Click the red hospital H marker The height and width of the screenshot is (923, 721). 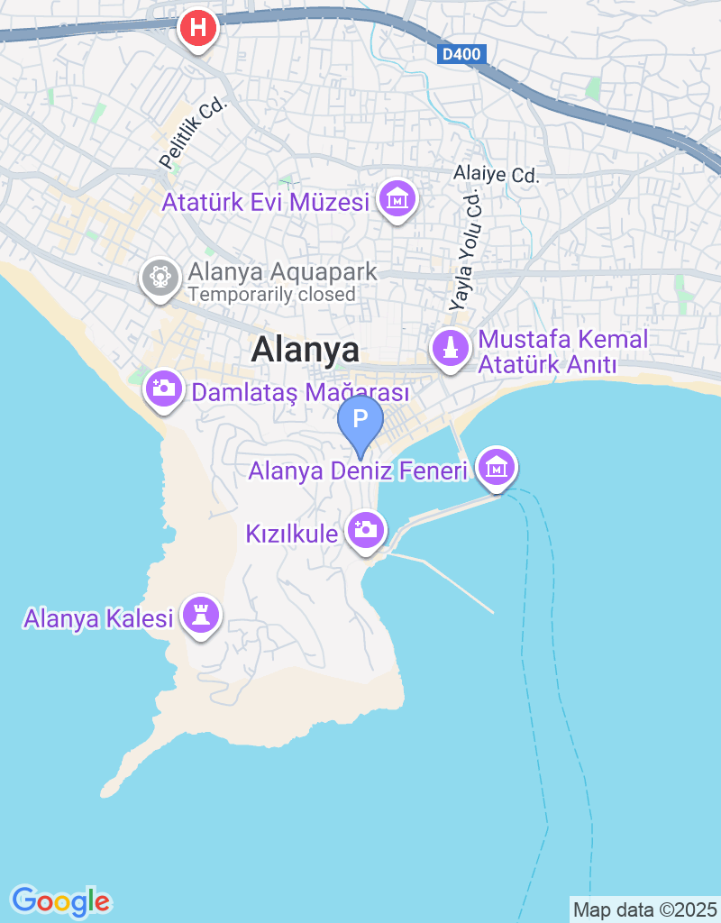pyautogui.click(x=198, y=28)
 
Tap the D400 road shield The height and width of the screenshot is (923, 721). pyautogui.click(x=463, y=55)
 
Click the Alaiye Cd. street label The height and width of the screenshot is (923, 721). pyautogui.click(x=496, y=174)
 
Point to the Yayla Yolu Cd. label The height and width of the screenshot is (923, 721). pyautogui.click(x=467, y=251)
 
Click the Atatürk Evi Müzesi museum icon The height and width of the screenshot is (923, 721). pyautogui.click(x=397, y=197)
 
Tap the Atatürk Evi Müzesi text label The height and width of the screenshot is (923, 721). pyautogui.click(x=266, y=201)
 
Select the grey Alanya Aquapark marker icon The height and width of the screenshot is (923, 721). pyautogui.click(x=160, y=274)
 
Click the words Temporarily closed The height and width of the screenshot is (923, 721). pyautogui.click(x=271, y=295)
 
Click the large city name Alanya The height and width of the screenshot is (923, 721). pyautogui.click(x=306, y=350)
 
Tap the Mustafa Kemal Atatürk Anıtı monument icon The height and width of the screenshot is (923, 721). pyautogui.click(x=451, y=347)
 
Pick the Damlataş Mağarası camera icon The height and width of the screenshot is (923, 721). pyautogui.click(x=163, y=388)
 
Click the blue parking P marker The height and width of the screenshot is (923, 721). pyautogui.click(x=360, y=420)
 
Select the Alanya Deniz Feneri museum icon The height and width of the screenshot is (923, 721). pyautogui.click(x=497, y=466)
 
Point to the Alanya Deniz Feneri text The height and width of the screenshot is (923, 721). pyautogui.click(x=358, y=471)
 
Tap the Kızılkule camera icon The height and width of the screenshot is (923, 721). pyautogui.click(x=367, y=529)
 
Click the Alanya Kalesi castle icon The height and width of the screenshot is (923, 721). pyautogui.click(x=201, y=615)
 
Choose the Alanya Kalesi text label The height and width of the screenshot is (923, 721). pyautogui.click(x=98, y=619)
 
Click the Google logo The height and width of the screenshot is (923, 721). pyautogui.click(x=60, y=900)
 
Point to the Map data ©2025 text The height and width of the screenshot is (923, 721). pyautogui.click(x=644, y=909)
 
